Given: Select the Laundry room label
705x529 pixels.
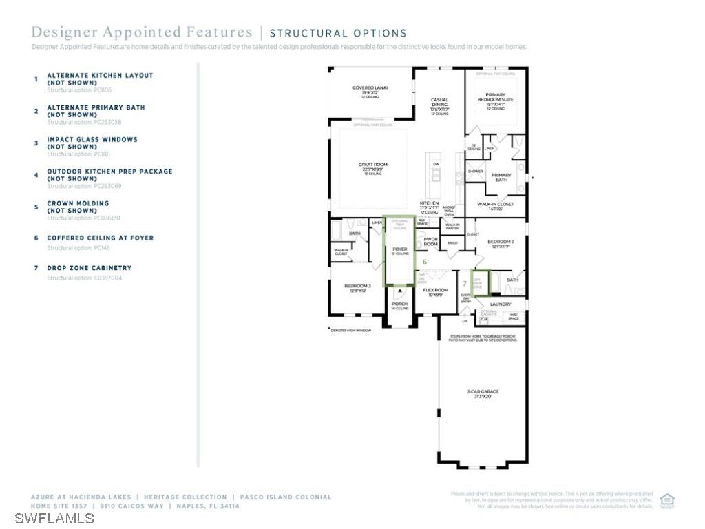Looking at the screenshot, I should click(500, 304).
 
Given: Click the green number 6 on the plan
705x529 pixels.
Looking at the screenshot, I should click(425, 262).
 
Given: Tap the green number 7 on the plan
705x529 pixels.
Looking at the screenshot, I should click(465, 283).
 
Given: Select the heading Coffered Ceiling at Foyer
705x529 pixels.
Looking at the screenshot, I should click(100, 238).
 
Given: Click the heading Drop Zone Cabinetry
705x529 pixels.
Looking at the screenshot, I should click(89, 268).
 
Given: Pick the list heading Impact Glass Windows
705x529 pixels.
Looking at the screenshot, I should click(92, 139).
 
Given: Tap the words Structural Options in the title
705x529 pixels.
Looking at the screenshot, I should click(337, 33).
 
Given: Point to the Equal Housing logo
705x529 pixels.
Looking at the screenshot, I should click(666, 501).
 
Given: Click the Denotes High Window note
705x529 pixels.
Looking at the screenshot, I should click(350, 331).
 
